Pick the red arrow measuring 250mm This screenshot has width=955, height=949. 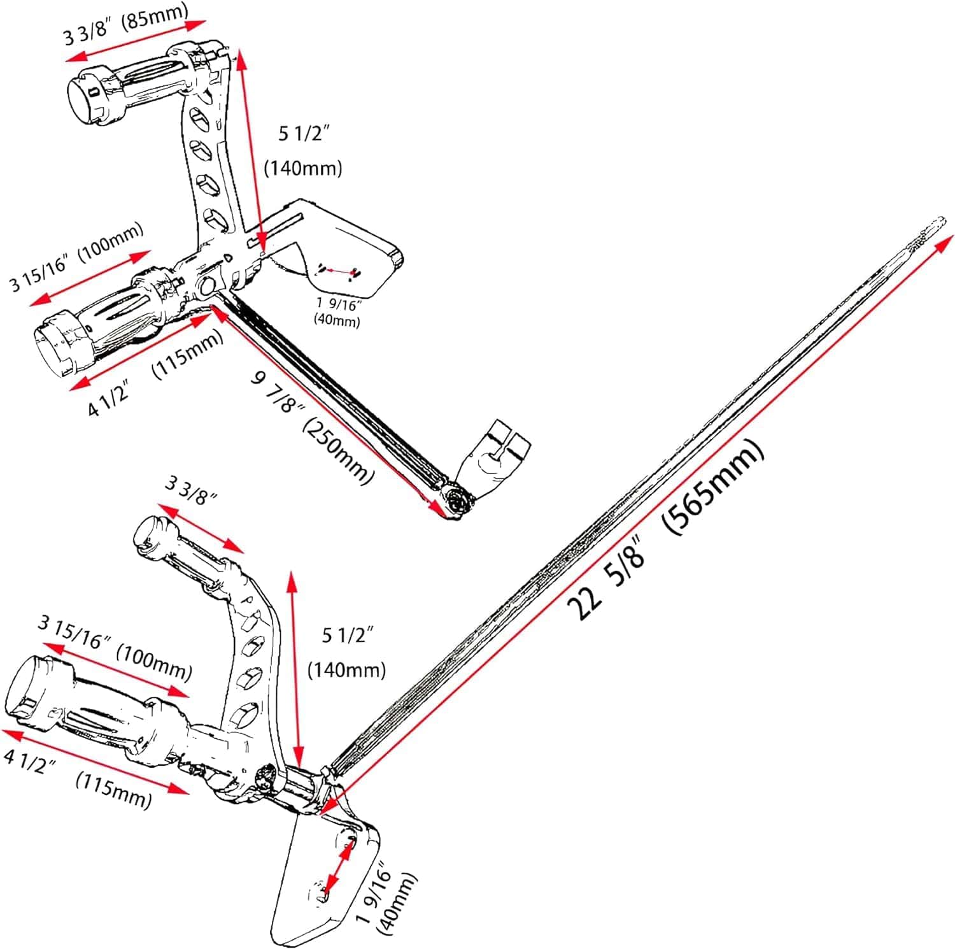(328, 408)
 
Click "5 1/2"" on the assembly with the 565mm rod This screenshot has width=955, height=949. (347, 635)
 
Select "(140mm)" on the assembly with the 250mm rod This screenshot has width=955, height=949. (303, 168)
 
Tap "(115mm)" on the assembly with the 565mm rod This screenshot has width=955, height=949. (113, 788)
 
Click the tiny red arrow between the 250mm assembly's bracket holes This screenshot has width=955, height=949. (339, 272)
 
